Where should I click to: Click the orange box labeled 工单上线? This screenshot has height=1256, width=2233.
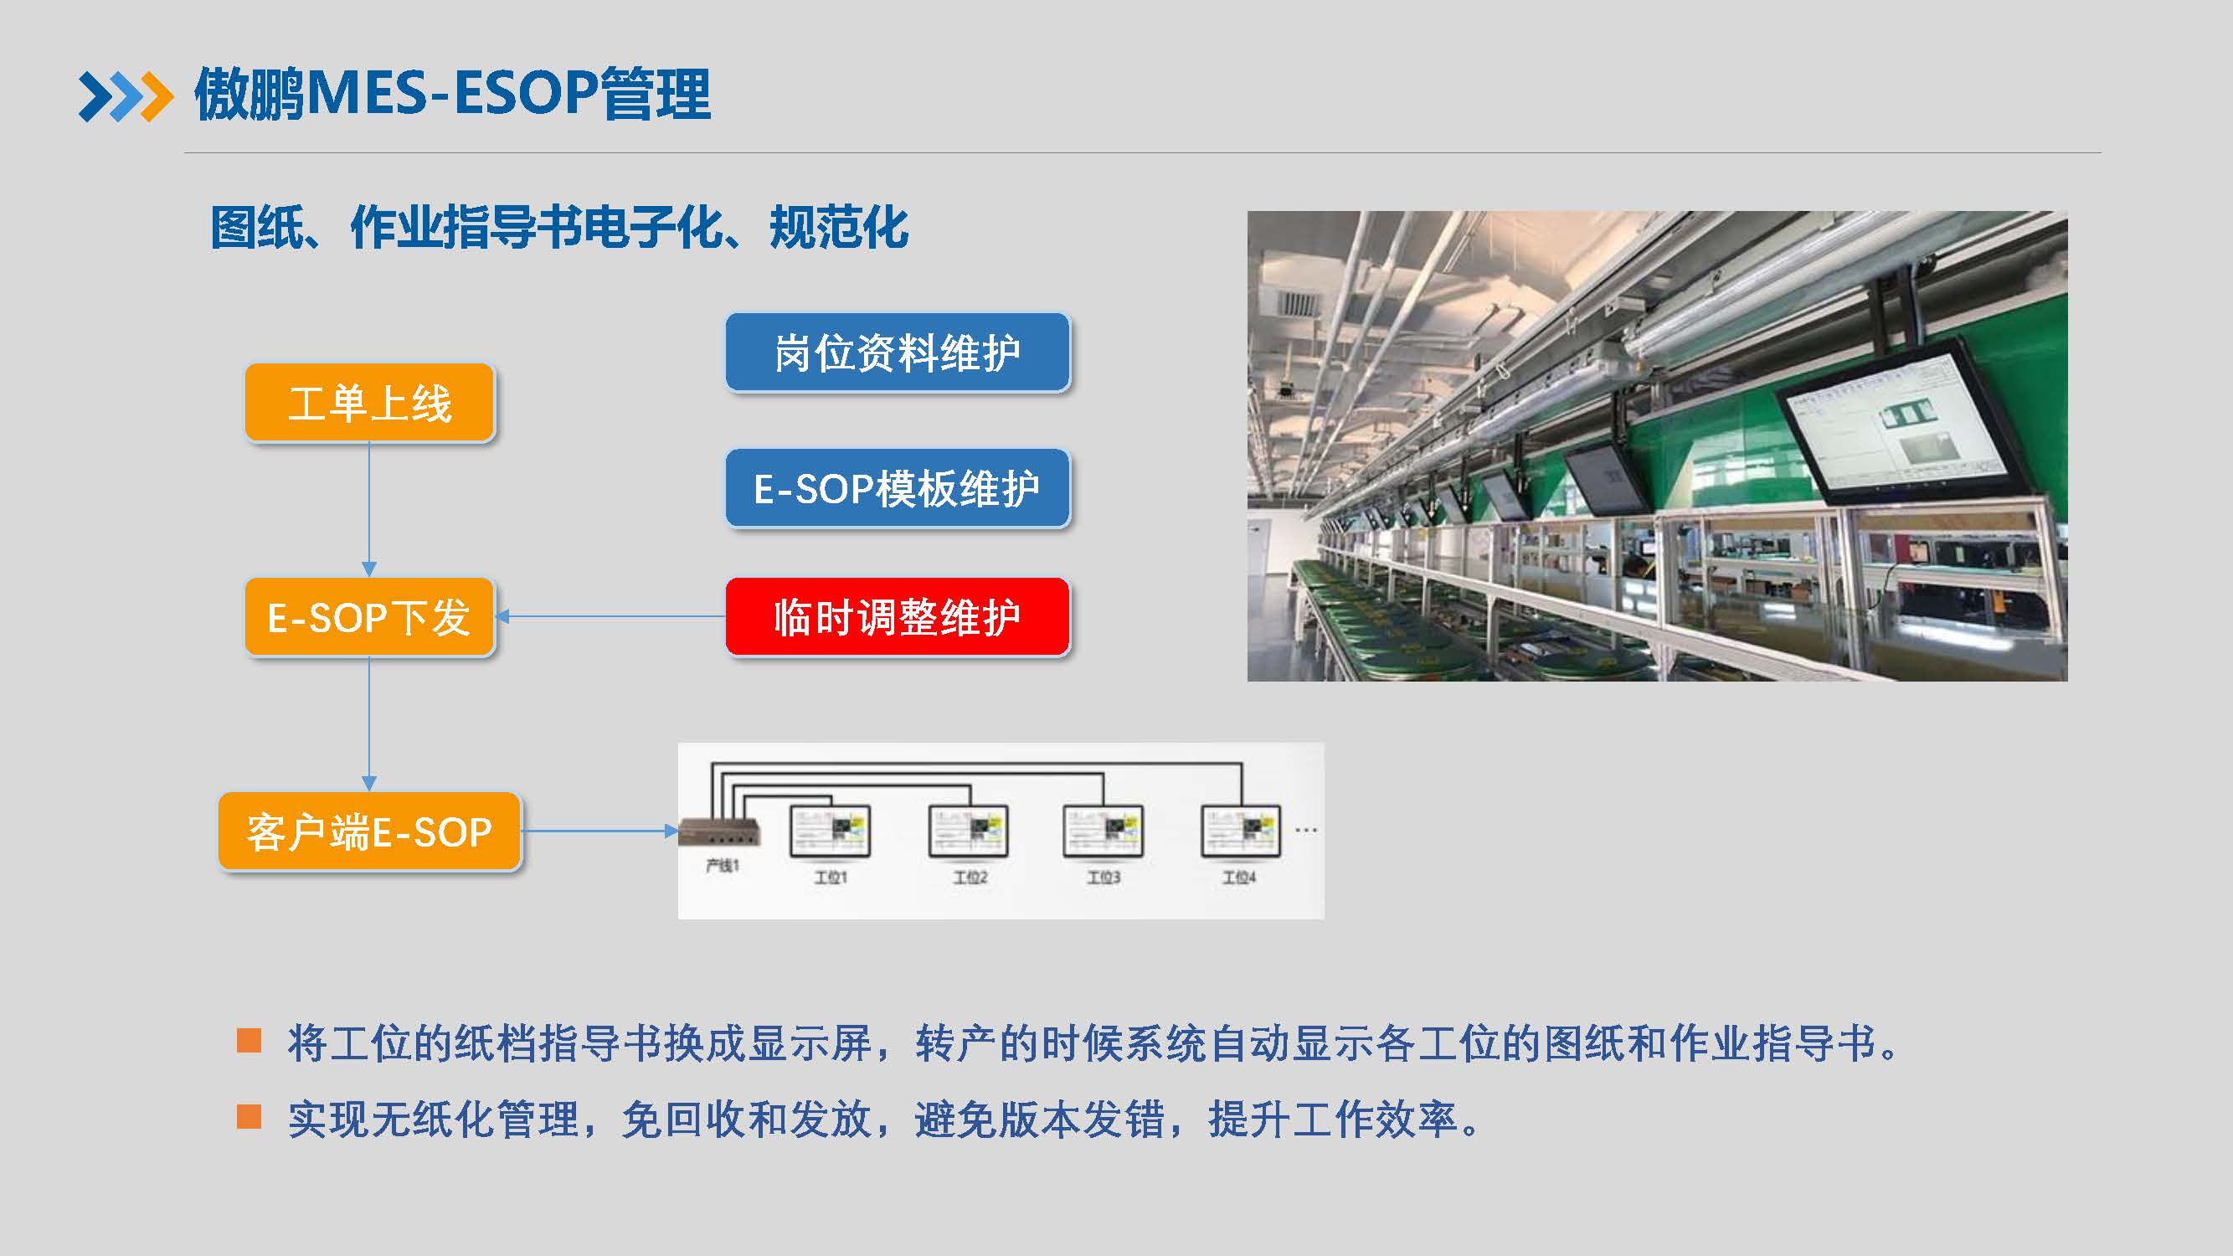[x=370, y=403]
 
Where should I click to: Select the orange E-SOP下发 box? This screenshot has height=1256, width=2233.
[x=370, y=617]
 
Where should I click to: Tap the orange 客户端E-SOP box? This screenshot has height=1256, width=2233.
[x=370, y=831]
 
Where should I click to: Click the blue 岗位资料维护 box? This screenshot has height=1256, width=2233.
[x=898, y=353]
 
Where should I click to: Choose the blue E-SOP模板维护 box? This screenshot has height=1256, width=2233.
[x=898, y=488]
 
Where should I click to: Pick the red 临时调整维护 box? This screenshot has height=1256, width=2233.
[x=898, y=617]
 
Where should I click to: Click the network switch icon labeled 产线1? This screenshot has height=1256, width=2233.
[x=719, y=832]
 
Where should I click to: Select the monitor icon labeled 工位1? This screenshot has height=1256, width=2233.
[x=830, y=831]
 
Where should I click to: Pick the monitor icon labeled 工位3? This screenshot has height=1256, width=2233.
[x=1103, y=831]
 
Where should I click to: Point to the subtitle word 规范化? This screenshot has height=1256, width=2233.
[x=838, y=228]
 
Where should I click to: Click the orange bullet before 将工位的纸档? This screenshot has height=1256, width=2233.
[x=249, y=1040]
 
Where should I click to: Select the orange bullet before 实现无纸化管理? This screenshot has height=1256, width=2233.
[x=249, y=1116]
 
